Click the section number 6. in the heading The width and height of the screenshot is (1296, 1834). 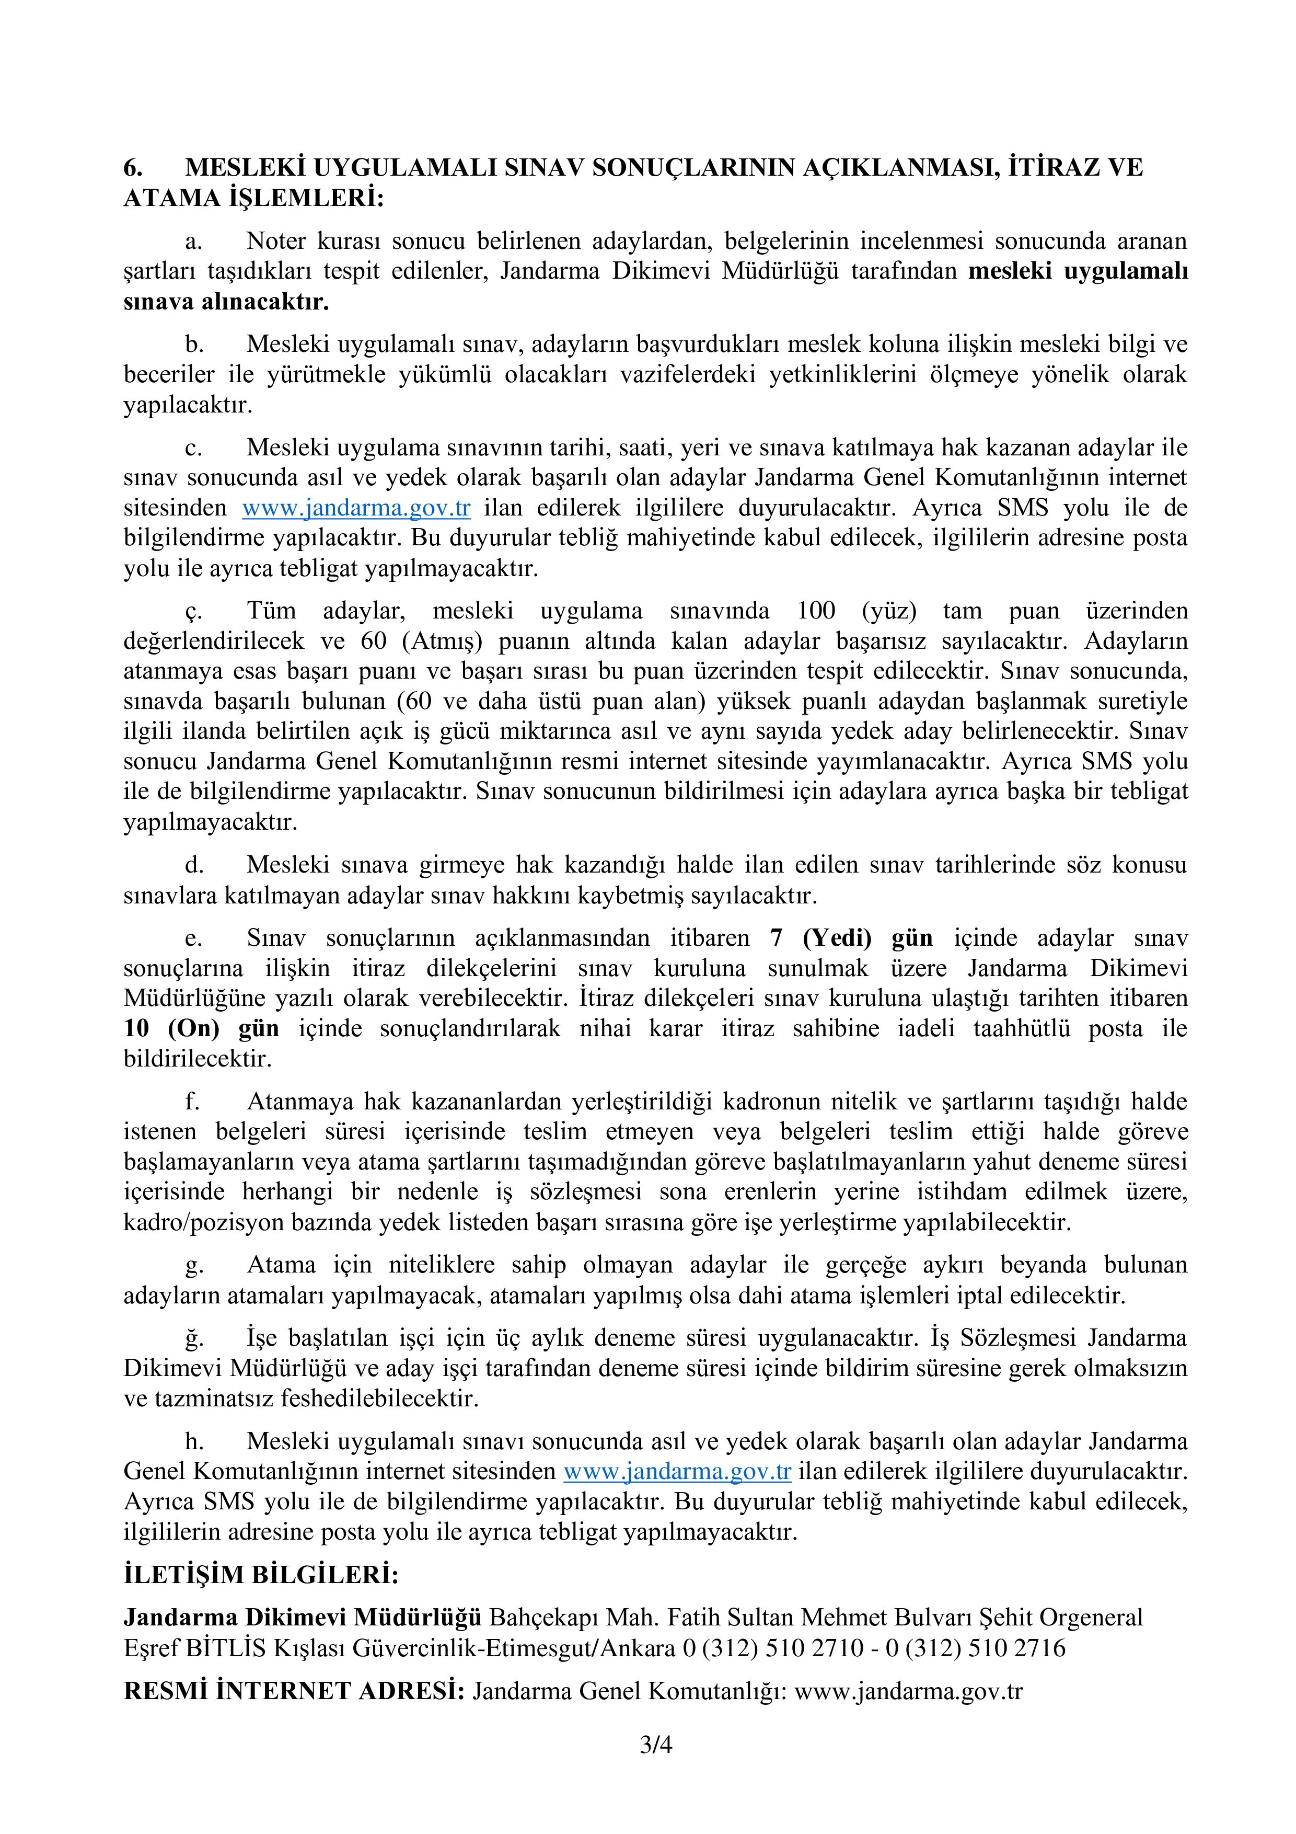[133, 168]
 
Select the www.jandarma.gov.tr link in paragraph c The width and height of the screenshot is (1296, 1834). [356, 508]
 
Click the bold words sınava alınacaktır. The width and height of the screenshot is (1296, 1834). [226, 302]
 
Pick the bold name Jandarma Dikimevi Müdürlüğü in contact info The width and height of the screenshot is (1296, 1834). [303, 1618]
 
